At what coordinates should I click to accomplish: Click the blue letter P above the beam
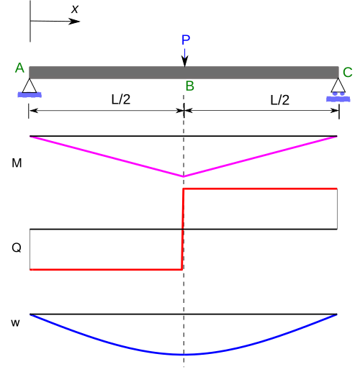(x=186, y=40)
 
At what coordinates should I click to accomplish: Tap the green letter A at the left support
(x=19, y=68)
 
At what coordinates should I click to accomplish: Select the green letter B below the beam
(x=189, y=86)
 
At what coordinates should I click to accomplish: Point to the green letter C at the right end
(x=348, y=72)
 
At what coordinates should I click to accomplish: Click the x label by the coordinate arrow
(x=75, y=9)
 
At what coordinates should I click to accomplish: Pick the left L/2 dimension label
(x=121, y=99)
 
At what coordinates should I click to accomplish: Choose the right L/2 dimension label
(x=280, y=100)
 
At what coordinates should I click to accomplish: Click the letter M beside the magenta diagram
(x=17, y=163)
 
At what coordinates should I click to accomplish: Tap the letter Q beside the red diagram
(x=17, y=248)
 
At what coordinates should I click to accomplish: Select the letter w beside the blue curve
(x=15, y=323)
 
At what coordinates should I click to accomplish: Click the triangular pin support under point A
(x=30, y=86)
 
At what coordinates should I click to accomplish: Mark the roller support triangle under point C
(x=338, y=85)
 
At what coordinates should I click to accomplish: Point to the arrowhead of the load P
(x=184, y=61)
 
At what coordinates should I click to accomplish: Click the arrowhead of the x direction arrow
(x=74, y=22)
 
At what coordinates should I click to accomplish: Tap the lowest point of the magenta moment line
(x=184, y=176)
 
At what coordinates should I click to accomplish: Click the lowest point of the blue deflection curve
(x=184, y=354)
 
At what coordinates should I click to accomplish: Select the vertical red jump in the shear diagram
(x=183, y=230)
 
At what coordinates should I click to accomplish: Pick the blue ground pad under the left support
(x=30, y=95)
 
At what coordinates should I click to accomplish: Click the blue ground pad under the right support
(x=338, y=99)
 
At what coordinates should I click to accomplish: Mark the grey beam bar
(x=184, y=73)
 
